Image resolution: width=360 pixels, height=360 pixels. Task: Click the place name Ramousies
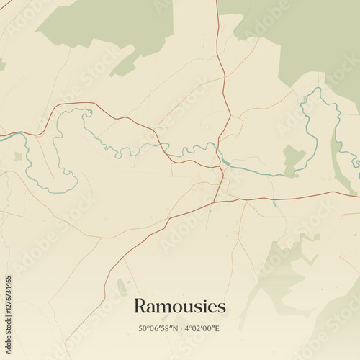pos(179,307)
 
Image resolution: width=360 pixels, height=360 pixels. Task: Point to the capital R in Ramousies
pos(140,307)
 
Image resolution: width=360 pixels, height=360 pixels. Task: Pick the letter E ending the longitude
pos(217,329)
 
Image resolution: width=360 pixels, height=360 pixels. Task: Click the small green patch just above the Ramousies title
pos(122,286)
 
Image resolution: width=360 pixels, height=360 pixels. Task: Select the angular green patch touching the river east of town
pos(291,158)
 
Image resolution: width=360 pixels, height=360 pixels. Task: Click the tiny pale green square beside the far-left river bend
pos(17,156)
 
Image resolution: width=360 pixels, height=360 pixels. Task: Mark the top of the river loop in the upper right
pos(315,90)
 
